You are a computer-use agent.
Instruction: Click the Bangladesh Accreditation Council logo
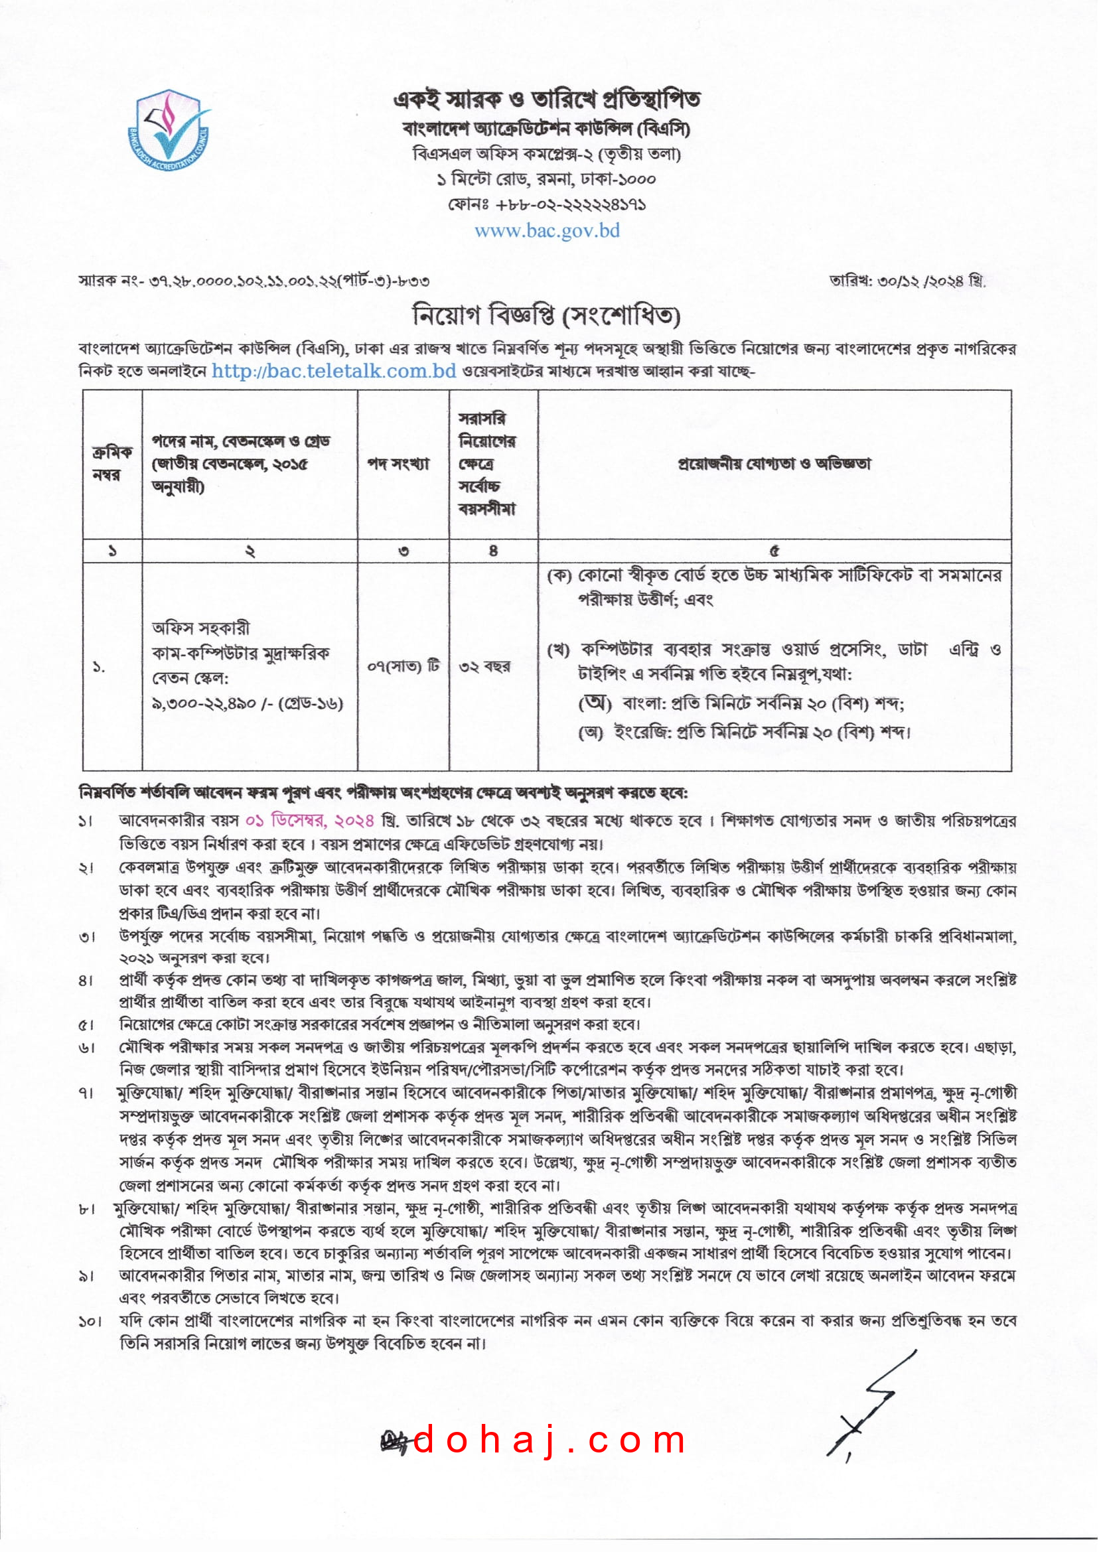[169, 131]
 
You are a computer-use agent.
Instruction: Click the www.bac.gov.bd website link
[547, 231]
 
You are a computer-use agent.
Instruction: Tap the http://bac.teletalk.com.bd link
[334, 371]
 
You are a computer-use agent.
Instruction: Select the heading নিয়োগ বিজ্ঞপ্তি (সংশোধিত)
[547, 315]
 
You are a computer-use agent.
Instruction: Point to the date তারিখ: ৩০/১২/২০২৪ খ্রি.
[907, 281]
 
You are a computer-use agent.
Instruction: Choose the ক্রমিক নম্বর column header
[112, 463]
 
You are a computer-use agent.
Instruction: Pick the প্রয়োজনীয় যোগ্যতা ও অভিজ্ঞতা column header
[774, 464]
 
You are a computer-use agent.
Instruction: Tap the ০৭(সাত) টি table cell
[403, 666]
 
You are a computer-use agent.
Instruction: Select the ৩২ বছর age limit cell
[484, 666]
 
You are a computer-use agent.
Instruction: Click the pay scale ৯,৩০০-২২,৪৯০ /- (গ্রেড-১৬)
[248, 703]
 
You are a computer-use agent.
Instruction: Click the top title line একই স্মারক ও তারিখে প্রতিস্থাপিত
[547, 100]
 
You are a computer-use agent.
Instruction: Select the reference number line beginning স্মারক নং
[254, 280]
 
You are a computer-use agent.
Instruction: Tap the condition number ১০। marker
[90, 1321]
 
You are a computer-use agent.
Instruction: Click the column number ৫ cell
[774, 551]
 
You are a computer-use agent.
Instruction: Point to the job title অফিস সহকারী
[201, 628]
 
